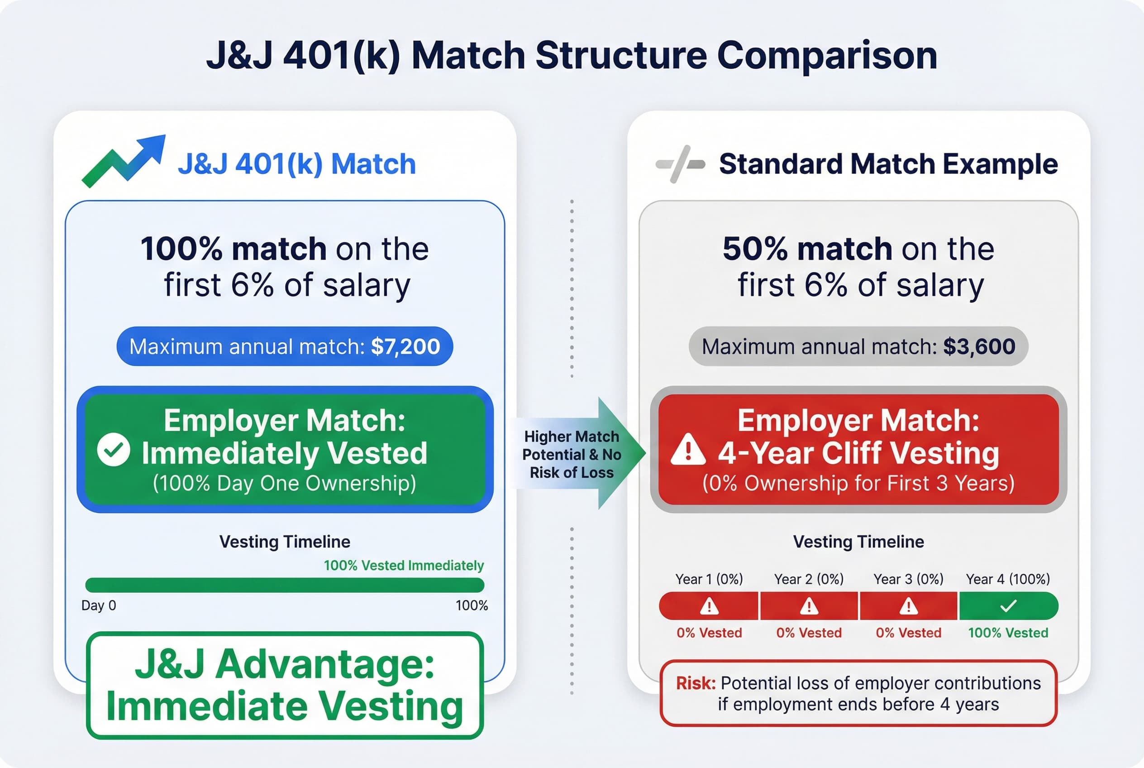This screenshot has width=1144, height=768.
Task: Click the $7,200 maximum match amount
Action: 405,347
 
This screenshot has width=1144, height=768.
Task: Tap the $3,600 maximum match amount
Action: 979,347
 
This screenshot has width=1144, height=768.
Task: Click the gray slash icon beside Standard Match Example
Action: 681,164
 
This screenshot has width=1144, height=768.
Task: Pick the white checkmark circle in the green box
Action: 114,449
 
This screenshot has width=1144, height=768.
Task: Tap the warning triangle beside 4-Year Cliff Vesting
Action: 688,450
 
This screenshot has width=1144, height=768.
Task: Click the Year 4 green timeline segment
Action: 1008,606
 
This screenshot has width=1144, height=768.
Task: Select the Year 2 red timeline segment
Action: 809,606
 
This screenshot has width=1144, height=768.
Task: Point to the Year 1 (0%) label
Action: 709,579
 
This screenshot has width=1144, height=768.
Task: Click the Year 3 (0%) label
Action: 908,579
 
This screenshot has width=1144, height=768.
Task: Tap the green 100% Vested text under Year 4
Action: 1008,633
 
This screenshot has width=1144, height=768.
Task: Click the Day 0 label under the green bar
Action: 98,605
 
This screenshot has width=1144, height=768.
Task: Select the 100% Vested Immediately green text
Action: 403,565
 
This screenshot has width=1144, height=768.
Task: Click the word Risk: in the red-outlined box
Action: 696,683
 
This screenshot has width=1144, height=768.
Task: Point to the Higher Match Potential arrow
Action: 577,454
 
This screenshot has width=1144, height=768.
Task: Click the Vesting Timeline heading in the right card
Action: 858,542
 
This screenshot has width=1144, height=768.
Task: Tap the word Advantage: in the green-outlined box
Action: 324,665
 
